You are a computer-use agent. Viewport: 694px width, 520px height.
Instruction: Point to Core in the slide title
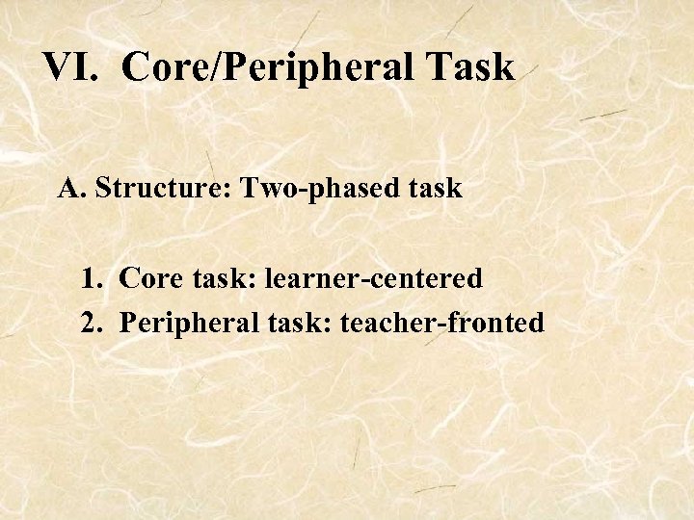(x=167, y=67)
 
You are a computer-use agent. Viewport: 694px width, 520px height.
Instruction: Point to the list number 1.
(x=93, y=279)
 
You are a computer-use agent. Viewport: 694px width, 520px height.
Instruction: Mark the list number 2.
(x=93, y=322)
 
